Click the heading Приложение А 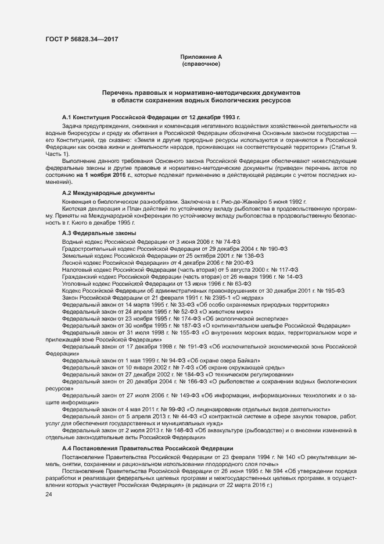(x=201, y=56)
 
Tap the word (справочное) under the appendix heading (x=201, y=63)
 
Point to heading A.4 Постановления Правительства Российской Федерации (x=148, y=448)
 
